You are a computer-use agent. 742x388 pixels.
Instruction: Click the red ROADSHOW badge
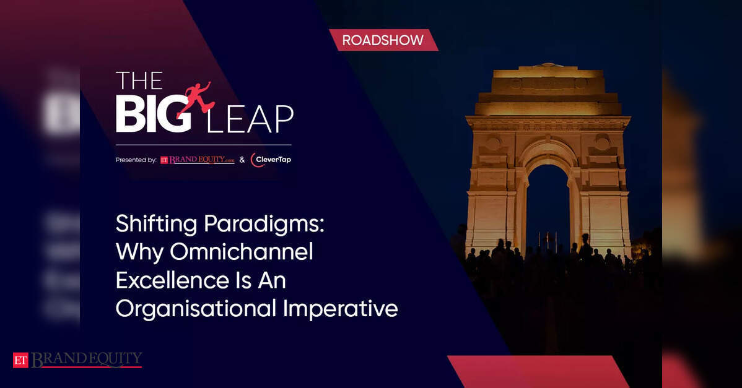click(x=384, y=40)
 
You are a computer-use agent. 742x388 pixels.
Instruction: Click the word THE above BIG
click(x=139, y=80)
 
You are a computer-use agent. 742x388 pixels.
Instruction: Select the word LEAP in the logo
click(x=250, y=119)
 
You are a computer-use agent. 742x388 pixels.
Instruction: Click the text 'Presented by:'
click(x=136, y=160)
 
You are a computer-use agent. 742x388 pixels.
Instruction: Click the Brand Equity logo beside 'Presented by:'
click(x=198, y=160)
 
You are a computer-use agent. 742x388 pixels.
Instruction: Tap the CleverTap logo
click(x=271, y=160)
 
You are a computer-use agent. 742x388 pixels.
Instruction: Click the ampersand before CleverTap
click(x=242, y=160)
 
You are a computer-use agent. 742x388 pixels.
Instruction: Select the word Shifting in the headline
click(x=156, y=224)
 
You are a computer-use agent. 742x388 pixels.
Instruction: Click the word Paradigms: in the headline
click(x=264, y=224)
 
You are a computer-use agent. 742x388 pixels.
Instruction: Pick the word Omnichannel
click(x=242, y=251)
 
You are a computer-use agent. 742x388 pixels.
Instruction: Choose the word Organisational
click(x=196, y=309)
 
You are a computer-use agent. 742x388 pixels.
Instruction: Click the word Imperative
click(x=341, y=309)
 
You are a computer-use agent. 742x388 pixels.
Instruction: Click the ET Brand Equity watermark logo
click(x=77, y=360)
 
